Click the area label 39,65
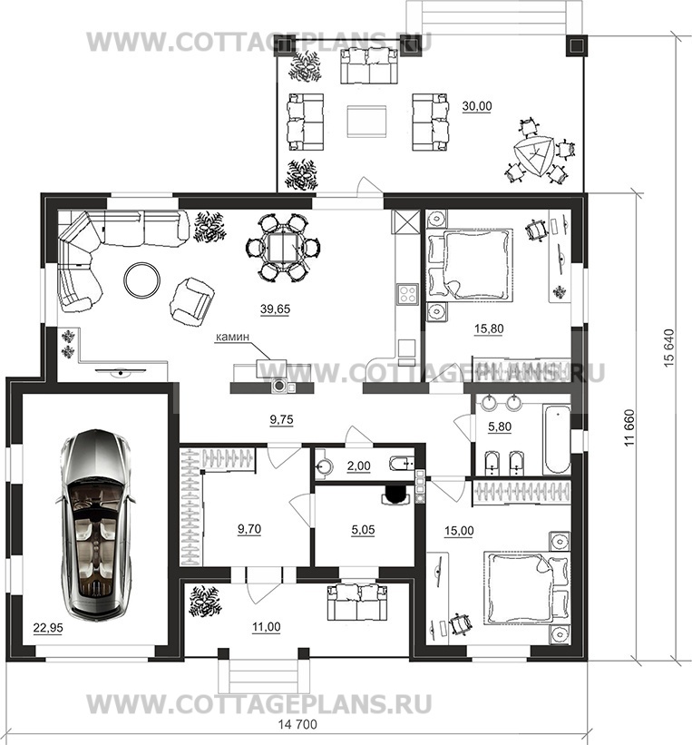[275, 309]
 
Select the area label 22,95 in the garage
[48, 628]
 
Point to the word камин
[232, 337]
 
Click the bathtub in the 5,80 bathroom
[557, 439]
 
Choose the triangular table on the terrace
[534, 156]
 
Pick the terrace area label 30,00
[477, 106]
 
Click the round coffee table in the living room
[142, 280]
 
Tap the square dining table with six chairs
[283, 248]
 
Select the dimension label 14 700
[297, 724]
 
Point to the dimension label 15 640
[668, 348]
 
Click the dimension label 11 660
[629, 427]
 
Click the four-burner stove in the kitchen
[407, 294]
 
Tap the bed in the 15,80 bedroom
[470, 265]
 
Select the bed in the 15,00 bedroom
[526, 587]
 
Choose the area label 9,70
[249, 529]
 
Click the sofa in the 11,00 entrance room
[357, 603]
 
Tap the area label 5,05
[363, 529]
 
